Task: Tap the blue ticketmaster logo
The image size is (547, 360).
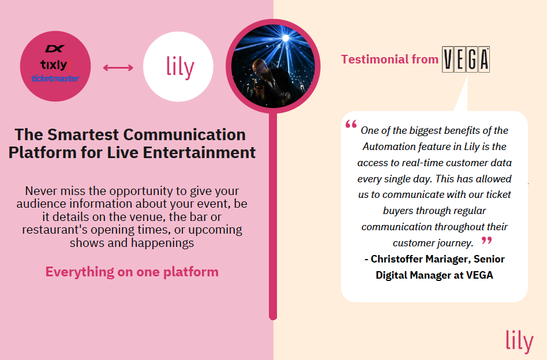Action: pos(55,78)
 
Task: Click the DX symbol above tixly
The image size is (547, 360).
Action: pos(55,48)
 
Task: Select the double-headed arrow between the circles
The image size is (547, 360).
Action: pos(118,67)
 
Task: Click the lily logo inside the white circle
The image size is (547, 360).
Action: pos(180,67)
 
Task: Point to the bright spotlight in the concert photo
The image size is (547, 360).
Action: pos(286,38)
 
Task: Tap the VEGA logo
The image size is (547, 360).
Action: pos(466,59)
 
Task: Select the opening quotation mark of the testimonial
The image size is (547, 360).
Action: pos(351,124)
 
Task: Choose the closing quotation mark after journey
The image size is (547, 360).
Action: pos(486,240)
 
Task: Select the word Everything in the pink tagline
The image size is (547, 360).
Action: pos(80,272)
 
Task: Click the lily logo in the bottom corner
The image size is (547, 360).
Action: pos(519,342)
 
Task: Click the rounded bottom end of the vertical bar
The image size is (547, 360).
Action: pos(273,317)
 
